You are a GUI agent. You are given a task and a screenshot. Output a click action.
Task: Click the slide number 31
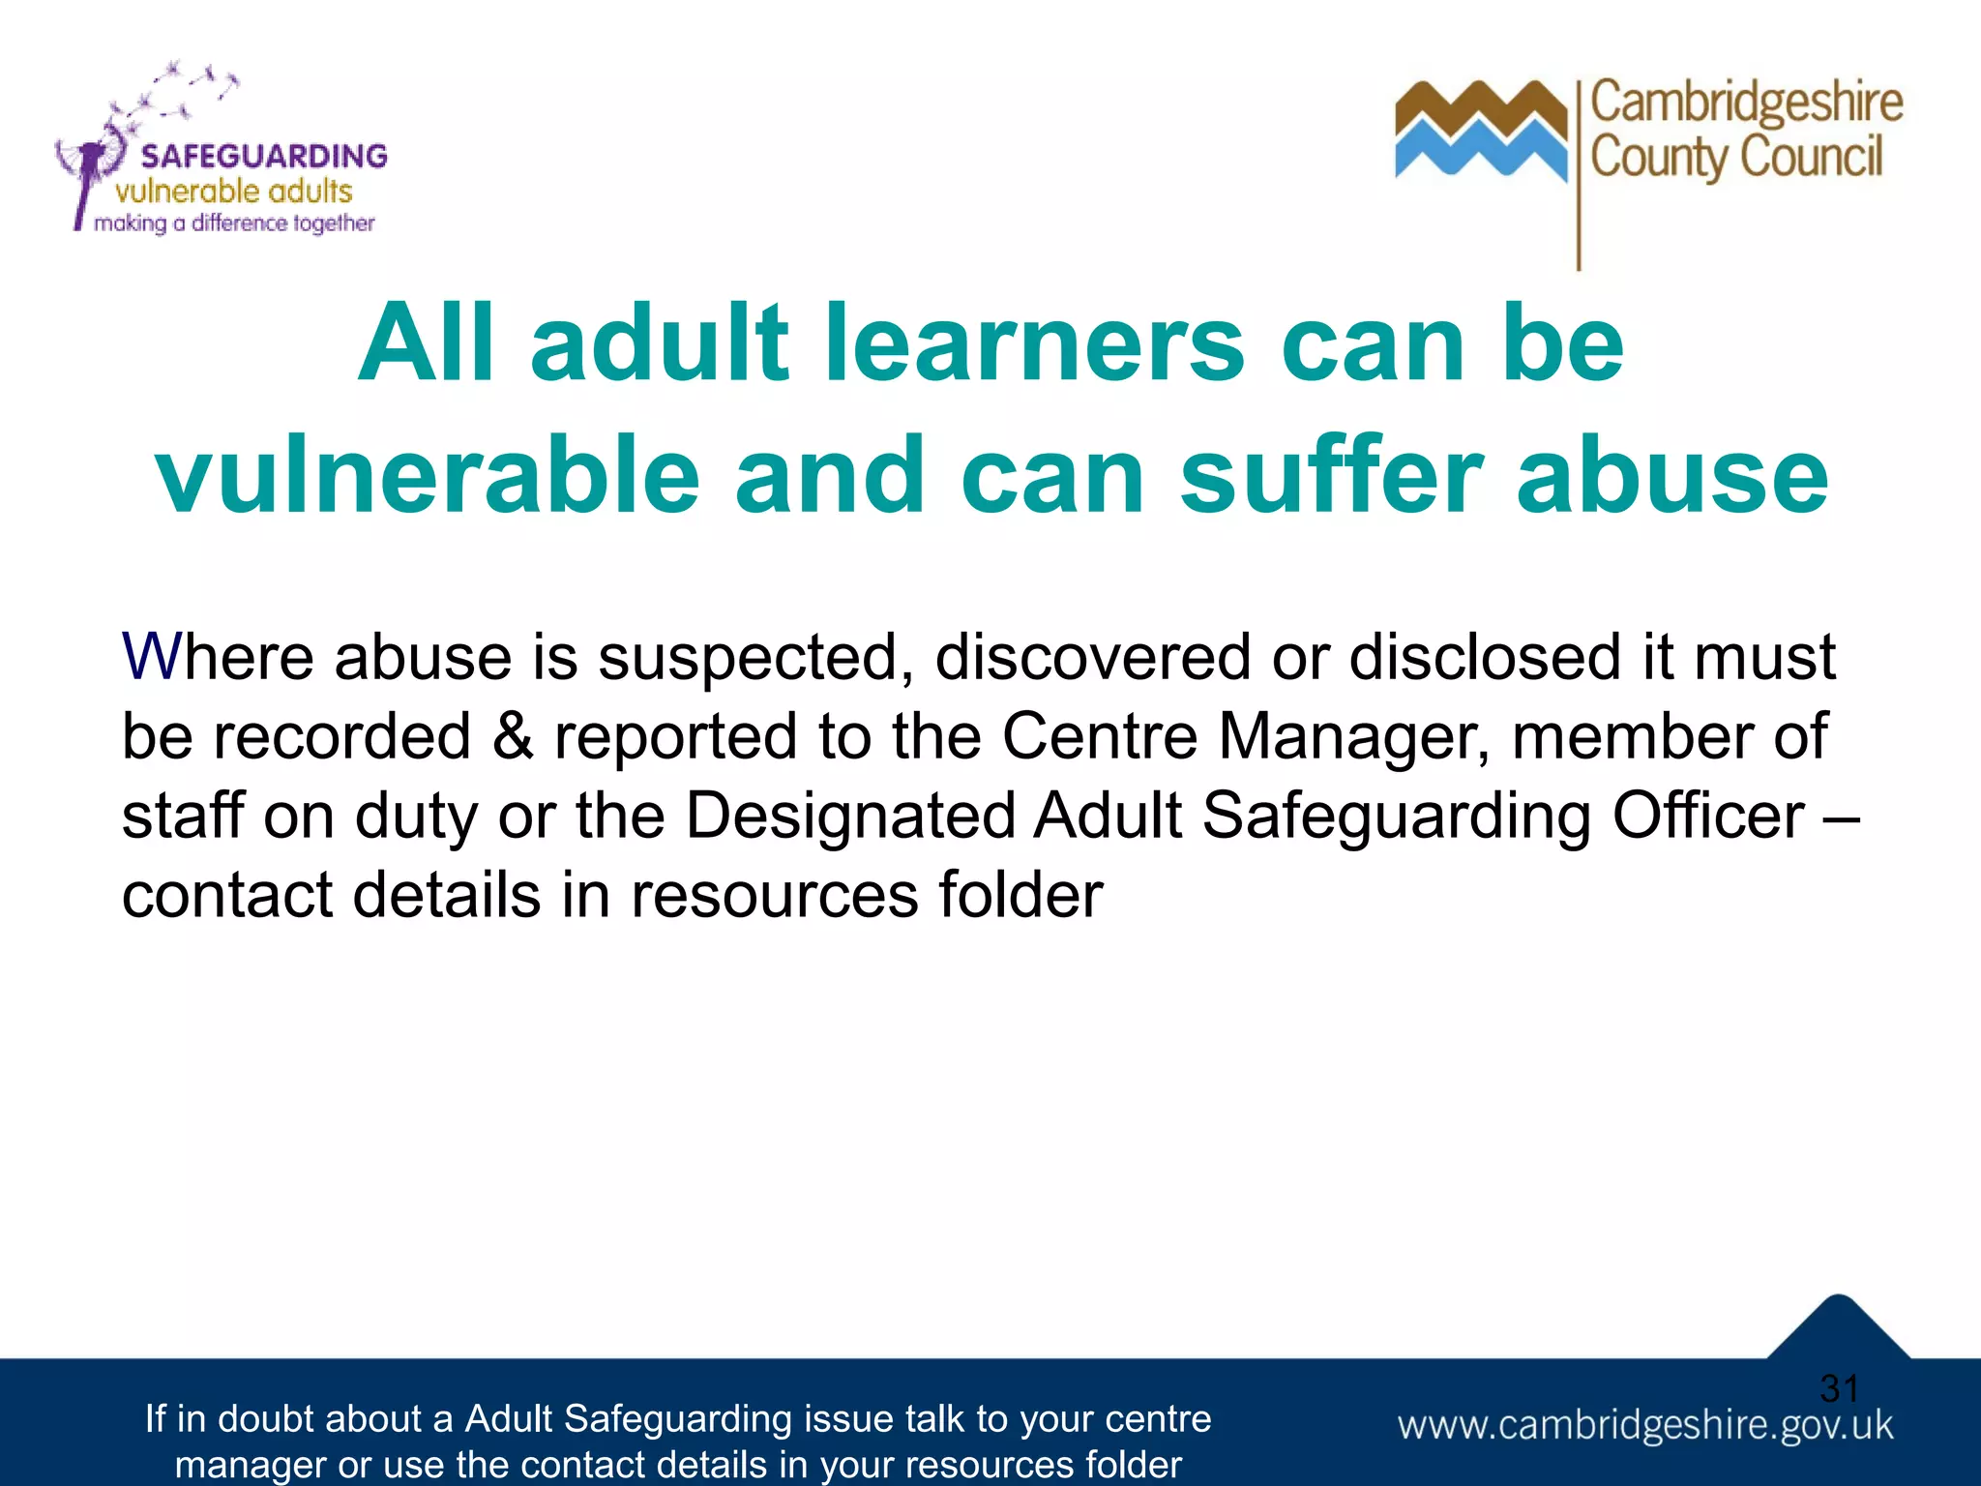tap(1839, 1389)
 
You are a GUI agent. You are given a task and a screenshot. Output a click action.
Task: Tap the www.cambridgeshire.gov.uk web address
tap(1645, 1426)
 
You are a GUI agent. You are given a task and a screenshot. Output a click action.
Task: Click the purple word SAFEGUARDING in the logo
tap(264, 156)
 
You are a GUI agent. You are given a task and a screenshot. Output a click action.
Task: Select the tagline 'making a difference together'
tap(234, 223)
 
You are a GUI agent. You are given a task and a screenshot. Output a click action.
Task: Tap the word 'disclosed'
tap(1485, 657)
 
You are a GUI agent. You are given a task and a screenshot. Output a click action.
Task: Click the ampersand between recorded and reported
tap(513, 736)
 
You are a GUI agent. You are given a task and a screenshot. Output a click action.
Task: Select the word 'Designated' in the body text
tap(850, 816)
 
